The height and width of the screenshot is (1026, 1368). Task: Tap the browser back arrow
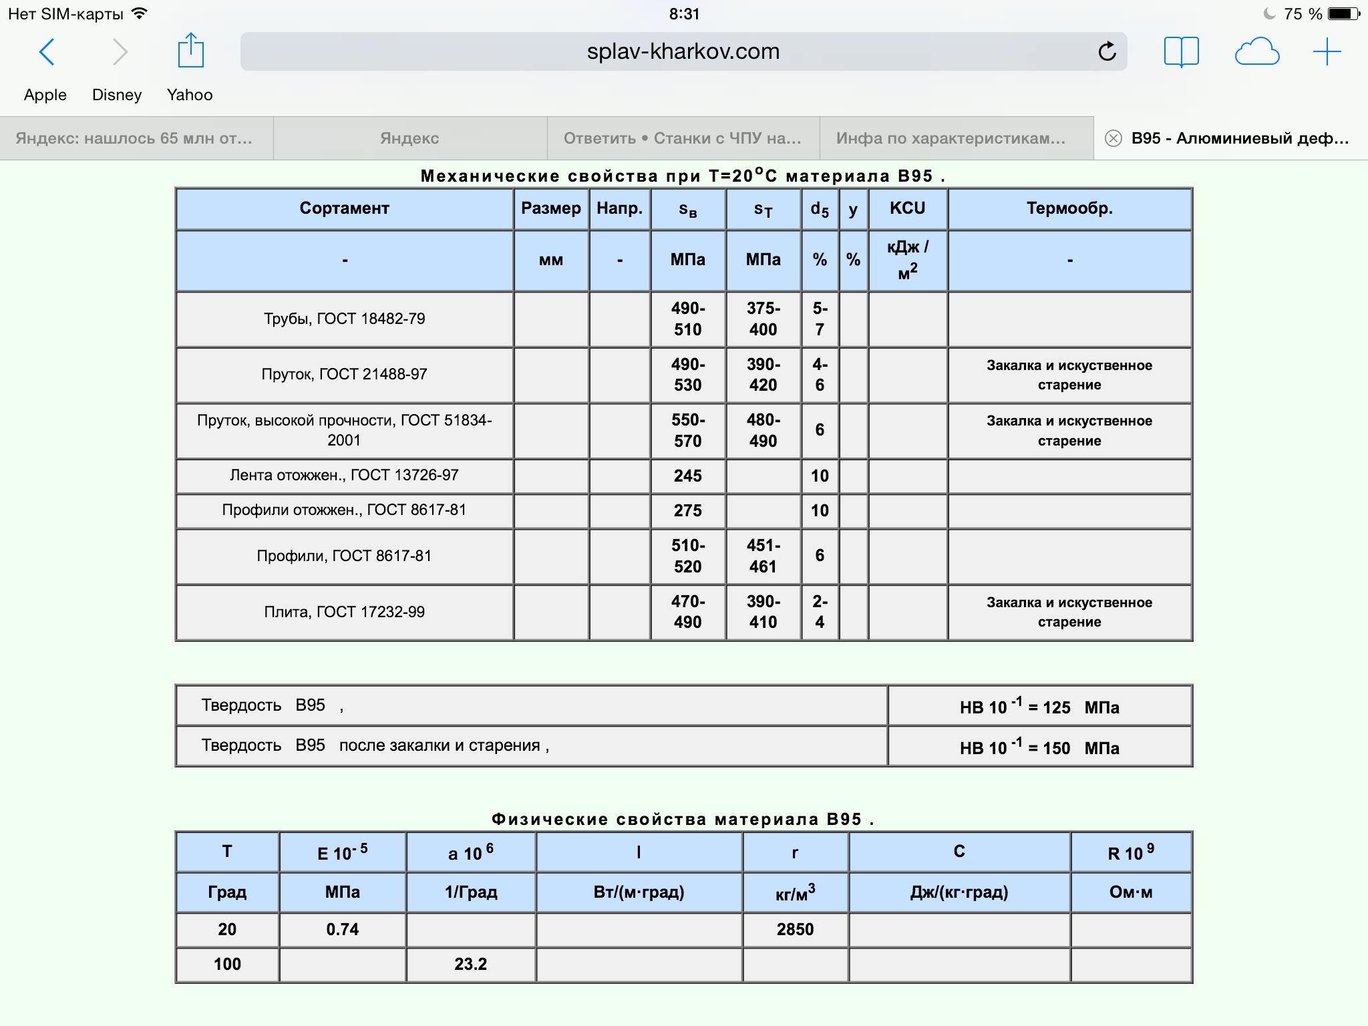coord(47,52)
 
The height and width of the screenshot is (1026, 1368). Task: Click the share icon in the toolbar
coord(190,51)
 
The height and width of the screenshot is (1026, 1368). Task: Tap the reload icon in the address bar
coord(1107,51)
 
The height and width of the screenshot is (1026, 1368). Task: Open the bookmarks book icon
coord(1181,51)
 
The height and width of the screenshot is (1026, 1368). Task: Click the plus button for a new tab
coord(1327,51)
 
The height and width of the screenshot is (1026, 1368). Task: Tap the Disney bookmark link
coord(117,95)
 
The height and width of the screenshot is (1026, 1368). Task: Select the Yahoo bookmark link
coord(190,95)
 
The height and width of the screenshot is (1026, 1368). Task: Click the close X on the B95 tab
coord(1113,138)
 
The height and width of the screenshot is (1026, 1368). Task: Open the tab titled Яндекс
coord(409,138)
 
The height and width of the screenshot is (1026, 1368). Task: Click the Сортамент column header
coord(344,208)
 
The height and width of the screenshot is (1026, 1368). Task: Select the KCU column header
coord(907,208)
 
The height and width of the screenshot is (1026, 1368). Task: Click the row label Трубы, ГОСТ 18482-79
coord(344,319)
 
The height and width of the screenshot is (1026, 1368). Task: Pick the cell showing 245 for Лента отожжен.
coord(687,476)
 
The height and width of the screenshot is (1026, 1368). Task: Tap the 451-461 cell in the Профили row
coord(763,556)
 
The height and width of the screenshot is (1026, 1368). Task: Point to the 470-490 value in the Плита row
coord(687,612)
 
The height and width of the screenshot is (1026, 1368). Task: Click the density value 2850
coord(795,929)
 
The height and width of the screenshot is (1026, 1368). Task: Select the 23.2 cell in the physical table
coord(470,964)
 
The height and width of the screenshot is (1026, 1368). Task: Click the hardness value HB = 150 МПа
coord(1039,747)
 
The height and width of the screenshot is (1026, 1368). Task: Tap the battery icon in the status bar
coord(1343,14)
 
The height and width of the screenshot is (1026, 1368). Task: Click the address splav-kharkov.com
coord(683,51)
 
